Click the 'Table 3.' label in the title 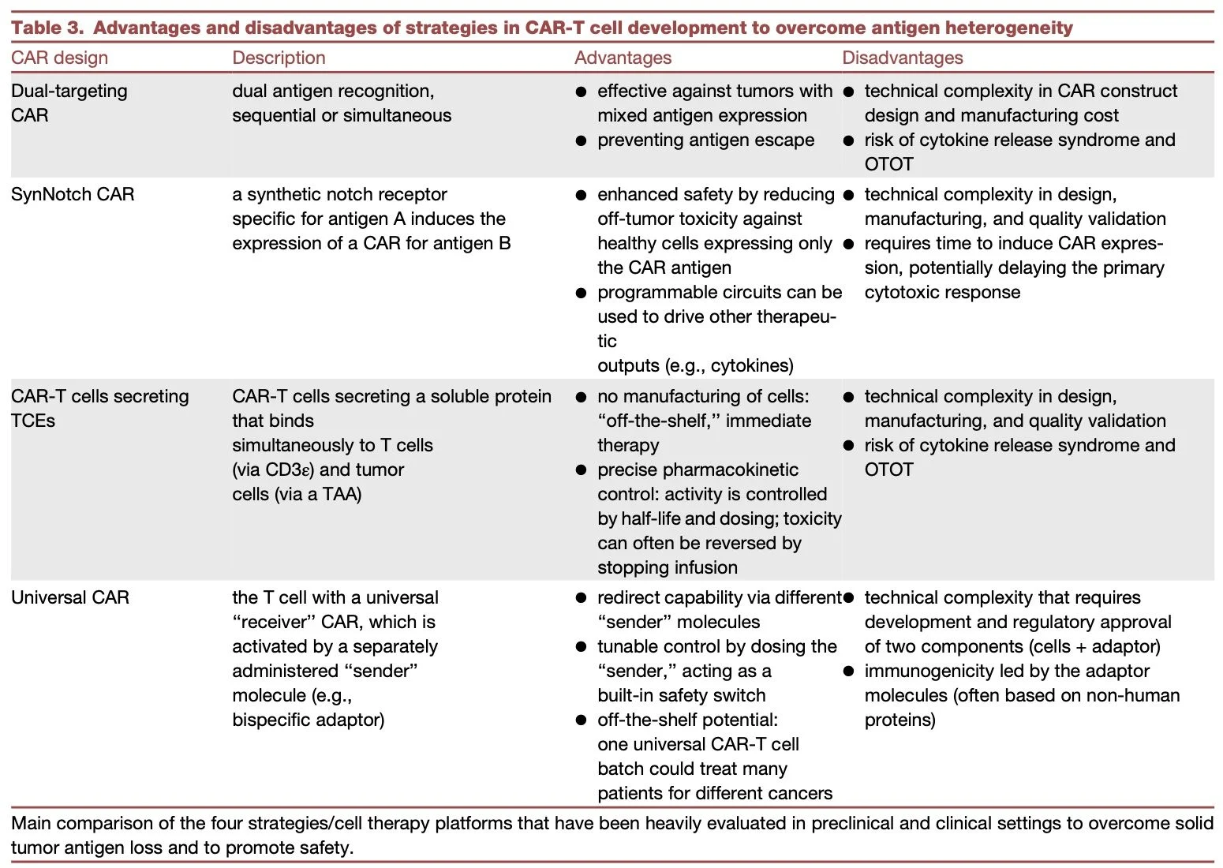coord(47,28)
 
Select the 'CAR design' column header coord(59,58)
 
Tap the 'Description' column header coord(279,58)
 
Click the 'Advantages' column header coord(623,58)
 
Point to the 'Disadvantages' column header coord(902,58)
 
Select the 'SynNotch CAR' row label coord(73,194)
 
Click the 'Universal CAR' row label coord(70,597)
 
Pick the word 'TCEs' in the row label coord(33,421)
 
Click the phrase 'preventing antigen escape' coord(705,140)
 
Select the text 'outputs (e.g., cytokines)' coord(695,365)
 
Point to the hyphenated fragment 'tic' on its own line coord(607,341)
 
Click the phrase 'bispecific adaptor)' coord(308,720)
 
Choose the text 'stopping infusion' coord(667,567)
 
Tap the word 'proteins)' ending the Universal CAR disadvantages coord(899,720)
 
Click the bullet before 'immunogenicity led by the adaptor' coord(848,672)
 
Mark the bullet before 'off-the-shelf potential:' coord(581,720)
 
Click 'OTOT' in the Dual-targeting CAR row coord(888,164)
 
